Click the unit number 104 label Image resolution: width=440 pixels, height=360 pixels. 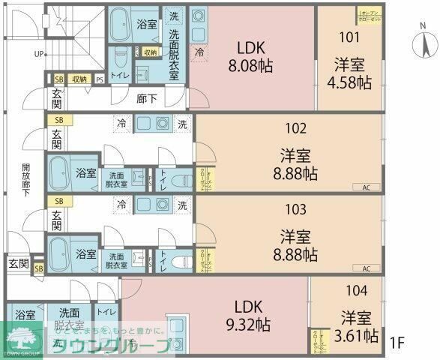[x=357, y=289]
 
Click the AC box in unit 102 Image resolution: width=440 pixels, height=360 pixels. [x=366, y=187]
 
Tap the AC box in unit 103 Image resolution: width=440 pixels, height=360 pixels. [x=366, y=268]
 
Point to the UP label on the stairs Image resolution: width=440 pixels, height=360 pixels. [x=38, y=54]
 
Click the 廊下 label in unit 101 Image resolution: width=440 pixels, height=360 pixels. [x=147, y=97]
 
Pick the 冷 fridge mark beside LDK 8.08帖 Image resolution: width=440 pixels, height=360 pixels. [x=199, y=52]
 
